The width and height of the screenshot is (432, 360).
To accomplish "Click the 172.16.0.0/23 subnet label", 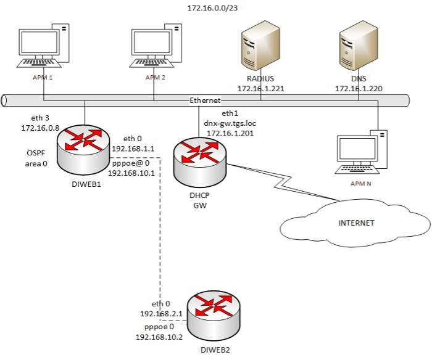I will [215, 8].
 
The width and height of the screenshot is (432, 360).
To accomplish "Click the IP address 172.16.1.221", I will [260, 89].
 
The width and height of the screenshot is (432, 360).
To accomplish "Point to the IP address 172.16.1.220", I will [359, 89].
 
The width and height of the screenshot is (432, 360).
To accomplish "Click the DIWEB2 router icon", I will [214, 314].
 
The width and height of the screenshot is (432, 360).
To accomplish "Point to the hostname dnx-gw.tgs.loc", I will [230, 123].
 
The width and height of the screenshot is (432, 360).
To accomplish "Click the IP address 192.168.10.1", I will [131, 174].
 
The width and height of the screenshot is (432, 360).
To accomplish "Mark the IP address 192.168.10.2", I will [157, 337].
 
